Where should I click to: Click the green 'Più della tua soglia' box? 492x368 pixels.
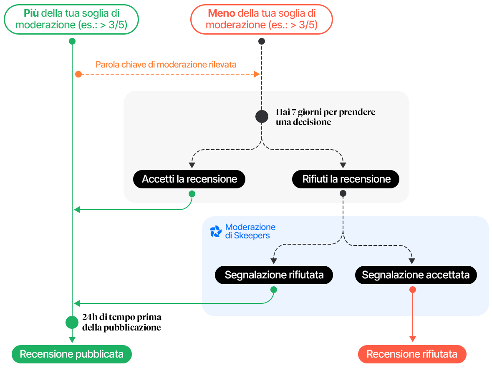[x=71, y=19]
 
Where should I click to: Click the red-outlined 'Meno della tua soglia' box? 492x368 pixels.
[x=262, y=19]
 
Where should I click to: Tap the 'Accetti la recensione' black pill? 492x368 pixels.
[x=189, y=179]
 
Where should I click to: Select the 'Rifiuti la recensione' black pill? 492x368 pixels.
[x=346, y=179]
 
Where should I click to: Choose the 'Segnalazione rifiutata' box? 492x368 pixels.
[x=274, y=275]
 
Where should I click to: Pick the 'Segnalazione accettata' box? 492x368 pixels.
[x=416, y=275]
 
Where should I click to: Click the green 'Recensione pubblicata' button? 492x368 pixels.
[x=71, y=354]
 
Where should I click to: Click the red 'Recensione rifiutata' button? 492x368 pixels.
[x=412, y=354]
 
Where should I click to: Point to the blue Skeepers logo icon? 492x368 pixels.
[x=215, y=232]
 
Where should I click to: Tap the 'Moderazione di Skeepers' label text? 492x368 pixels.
[x=250, y=231]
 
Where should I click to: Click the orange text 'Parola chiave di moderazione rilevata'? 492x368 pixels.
[x=166, y=65]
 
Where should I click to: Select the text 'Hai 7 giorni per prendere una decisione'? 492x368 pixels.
[x=325, y=117]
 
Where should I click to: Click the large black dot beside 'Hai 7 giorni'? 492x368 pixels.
[x=262, y=116]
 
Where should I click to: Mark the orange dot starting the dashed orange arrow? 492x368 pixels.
[x=78, y=74]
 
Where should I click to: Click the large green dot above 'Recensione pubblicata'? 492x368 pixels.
[x=72, y=322]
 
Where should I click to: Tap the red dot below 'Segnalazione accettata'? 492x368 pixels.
[x=413, y=290]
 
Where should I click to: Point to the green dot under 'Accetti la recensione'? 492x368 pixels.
[x=192, y=194]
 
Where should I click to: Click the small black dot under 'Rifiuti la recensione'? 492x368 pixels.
[x=343, y=193]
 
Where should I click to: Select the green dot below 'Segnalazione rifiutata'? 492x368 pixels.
[x=274, y=290]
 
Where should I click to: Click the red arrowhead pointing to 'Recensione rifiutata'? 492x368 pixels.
[x=413, y=339]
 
